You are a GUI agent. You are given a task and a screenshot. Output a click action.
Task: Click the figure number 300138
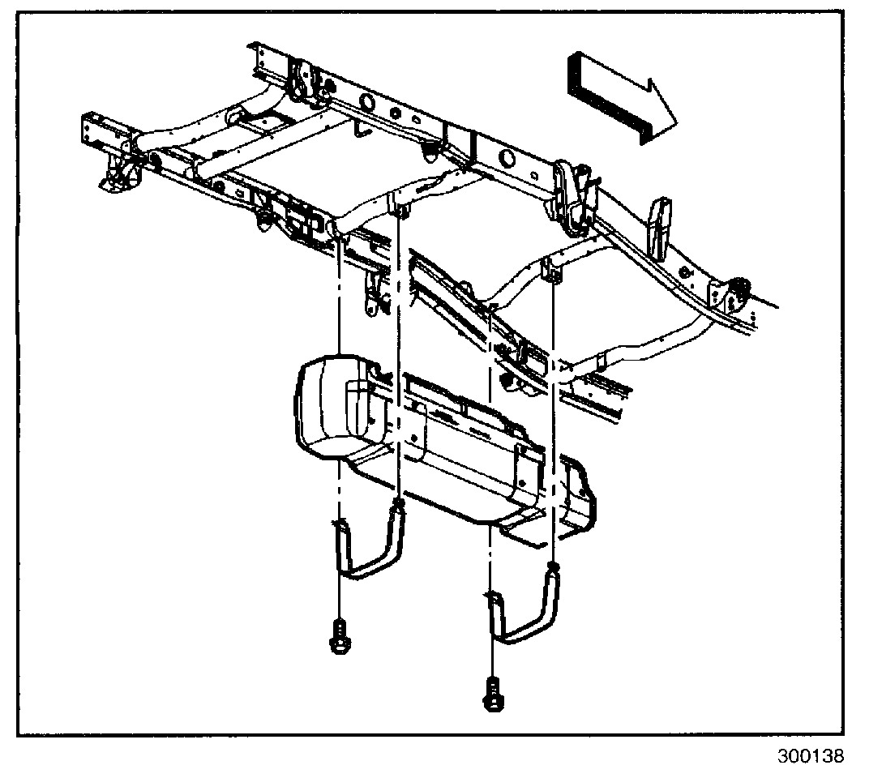810,757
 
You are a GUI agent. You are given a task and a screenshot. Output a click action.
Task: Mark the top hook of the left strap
398,507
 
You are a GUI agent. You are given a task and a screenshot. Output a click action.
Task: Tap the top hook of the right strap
554,568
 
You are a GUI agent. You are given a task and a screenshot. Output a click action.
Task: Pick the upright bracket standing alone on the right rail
660,223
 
